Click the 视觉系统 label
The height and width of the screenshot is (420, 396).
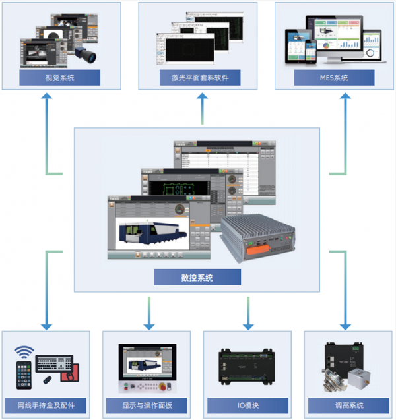(x=59, y=78)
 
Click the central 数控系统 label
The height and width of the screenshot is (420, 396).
(x=197, y=278)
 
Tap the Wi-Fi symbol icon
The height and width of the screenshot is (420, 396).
(x=25, y=354)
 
